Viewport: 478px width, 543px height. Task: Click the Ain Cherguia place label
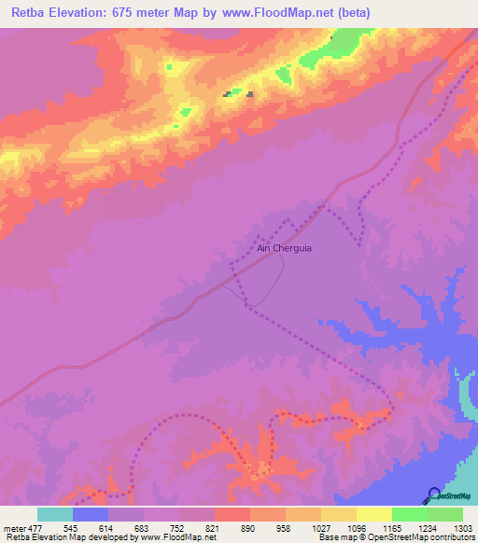(x=285, y=248)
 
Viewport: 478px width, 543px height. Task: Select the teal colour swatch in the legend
(x=55, y=514)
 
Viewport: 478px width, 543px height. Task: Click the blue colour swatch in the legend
(x=91, y=514)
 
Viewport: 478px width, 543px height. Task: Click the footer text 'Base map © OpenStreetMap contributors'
(x=397, y=537)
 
